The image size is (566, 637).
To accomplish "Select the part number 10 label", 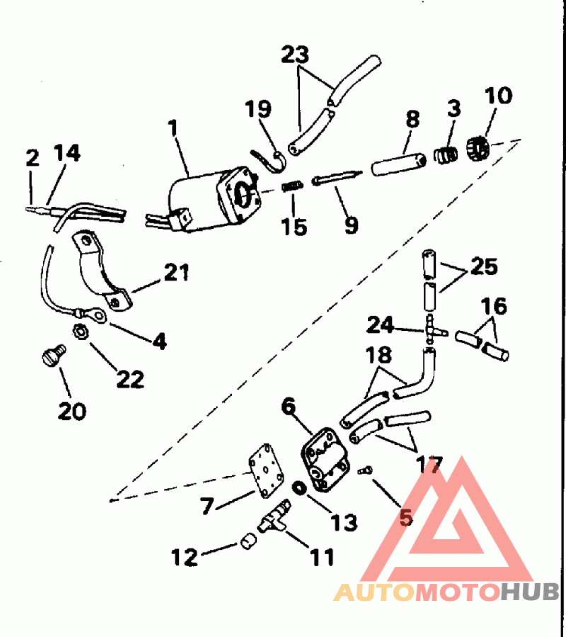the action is coord(499,96).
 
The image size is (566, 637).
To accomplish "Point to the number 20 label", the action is coord(72,410).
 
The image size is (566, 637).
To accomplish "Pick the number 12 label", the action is coord(185,557).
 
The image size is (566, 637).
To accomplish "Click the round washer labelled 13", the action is coord(299,488).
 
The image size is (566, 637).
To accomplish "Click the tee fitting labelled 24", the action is coord(432,329).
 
